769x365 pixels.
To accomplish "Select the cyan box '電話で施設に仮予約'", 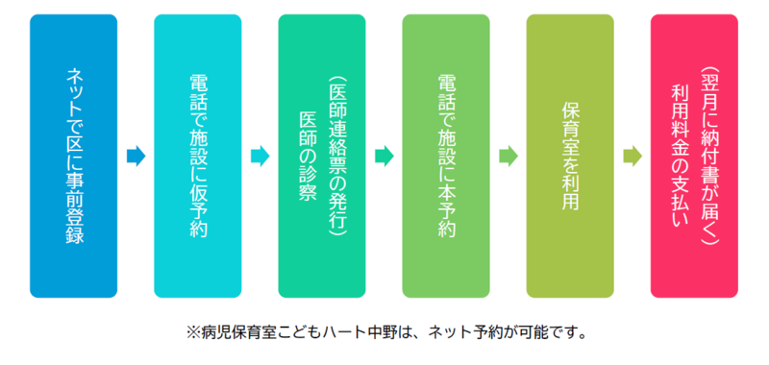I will [x=197, y=156].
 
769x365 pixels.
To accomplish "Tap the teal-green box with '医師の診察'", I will [x=321, y=156].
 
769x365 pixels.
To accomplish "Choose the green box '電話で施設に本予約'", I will [x=445, y=156].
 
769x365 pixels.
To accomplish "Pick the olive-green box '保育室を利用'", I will [x=569, y=156].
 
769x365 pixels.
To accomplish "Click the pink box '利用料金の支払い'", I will [x=694, y=156].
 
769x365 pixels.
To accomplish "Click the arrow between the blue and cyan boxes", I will [x=136, y=156].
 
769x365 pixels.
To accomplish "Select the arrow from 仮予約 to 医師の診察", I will [x=260, y=156].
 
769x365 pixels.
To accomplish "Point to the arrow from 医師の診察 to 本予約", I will [x=384, y=156].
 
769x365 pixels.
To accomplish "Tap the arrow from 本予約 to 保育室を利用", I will [x=508, y=156].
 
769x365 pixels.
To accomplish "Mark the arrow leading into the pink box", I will [x=632, y=156].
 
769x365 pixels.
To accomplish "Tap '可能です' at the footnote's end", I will [x=543, y=335].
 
